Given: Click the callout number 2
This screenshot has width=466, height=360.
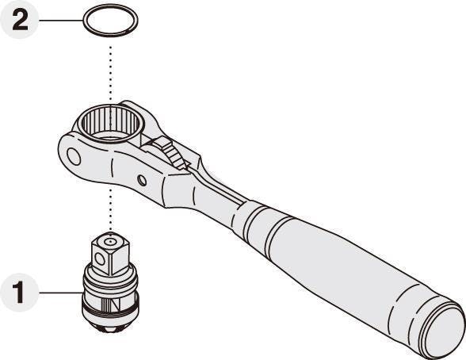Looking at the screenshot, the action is [x=20, y=20].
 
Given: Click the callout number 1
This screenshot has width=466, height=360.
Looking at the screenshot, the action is [x=19, y=293].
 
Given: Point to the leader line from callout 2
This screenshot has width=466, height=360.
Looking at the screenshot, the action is [x=61, y=20].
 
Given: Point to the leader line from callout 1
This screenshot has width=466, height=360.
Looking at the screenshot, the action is [x=61, y=293].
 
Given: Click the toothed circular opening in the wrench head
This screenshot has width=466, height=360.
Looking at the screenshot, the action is [x=110, y=122].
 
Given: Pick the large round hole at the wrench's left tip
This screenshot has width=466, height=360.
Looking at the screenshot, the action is [x=74, y=156].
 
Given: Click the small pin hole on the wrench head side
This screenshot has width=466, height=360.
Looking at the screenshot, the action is [x=143, y=180].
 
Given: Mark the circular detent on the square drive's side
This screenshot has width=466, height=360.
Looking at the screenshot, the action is [x=100, y=259].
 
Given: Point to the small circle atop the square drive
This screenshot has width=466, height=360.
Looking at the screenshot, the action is [x=111, y=242].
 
